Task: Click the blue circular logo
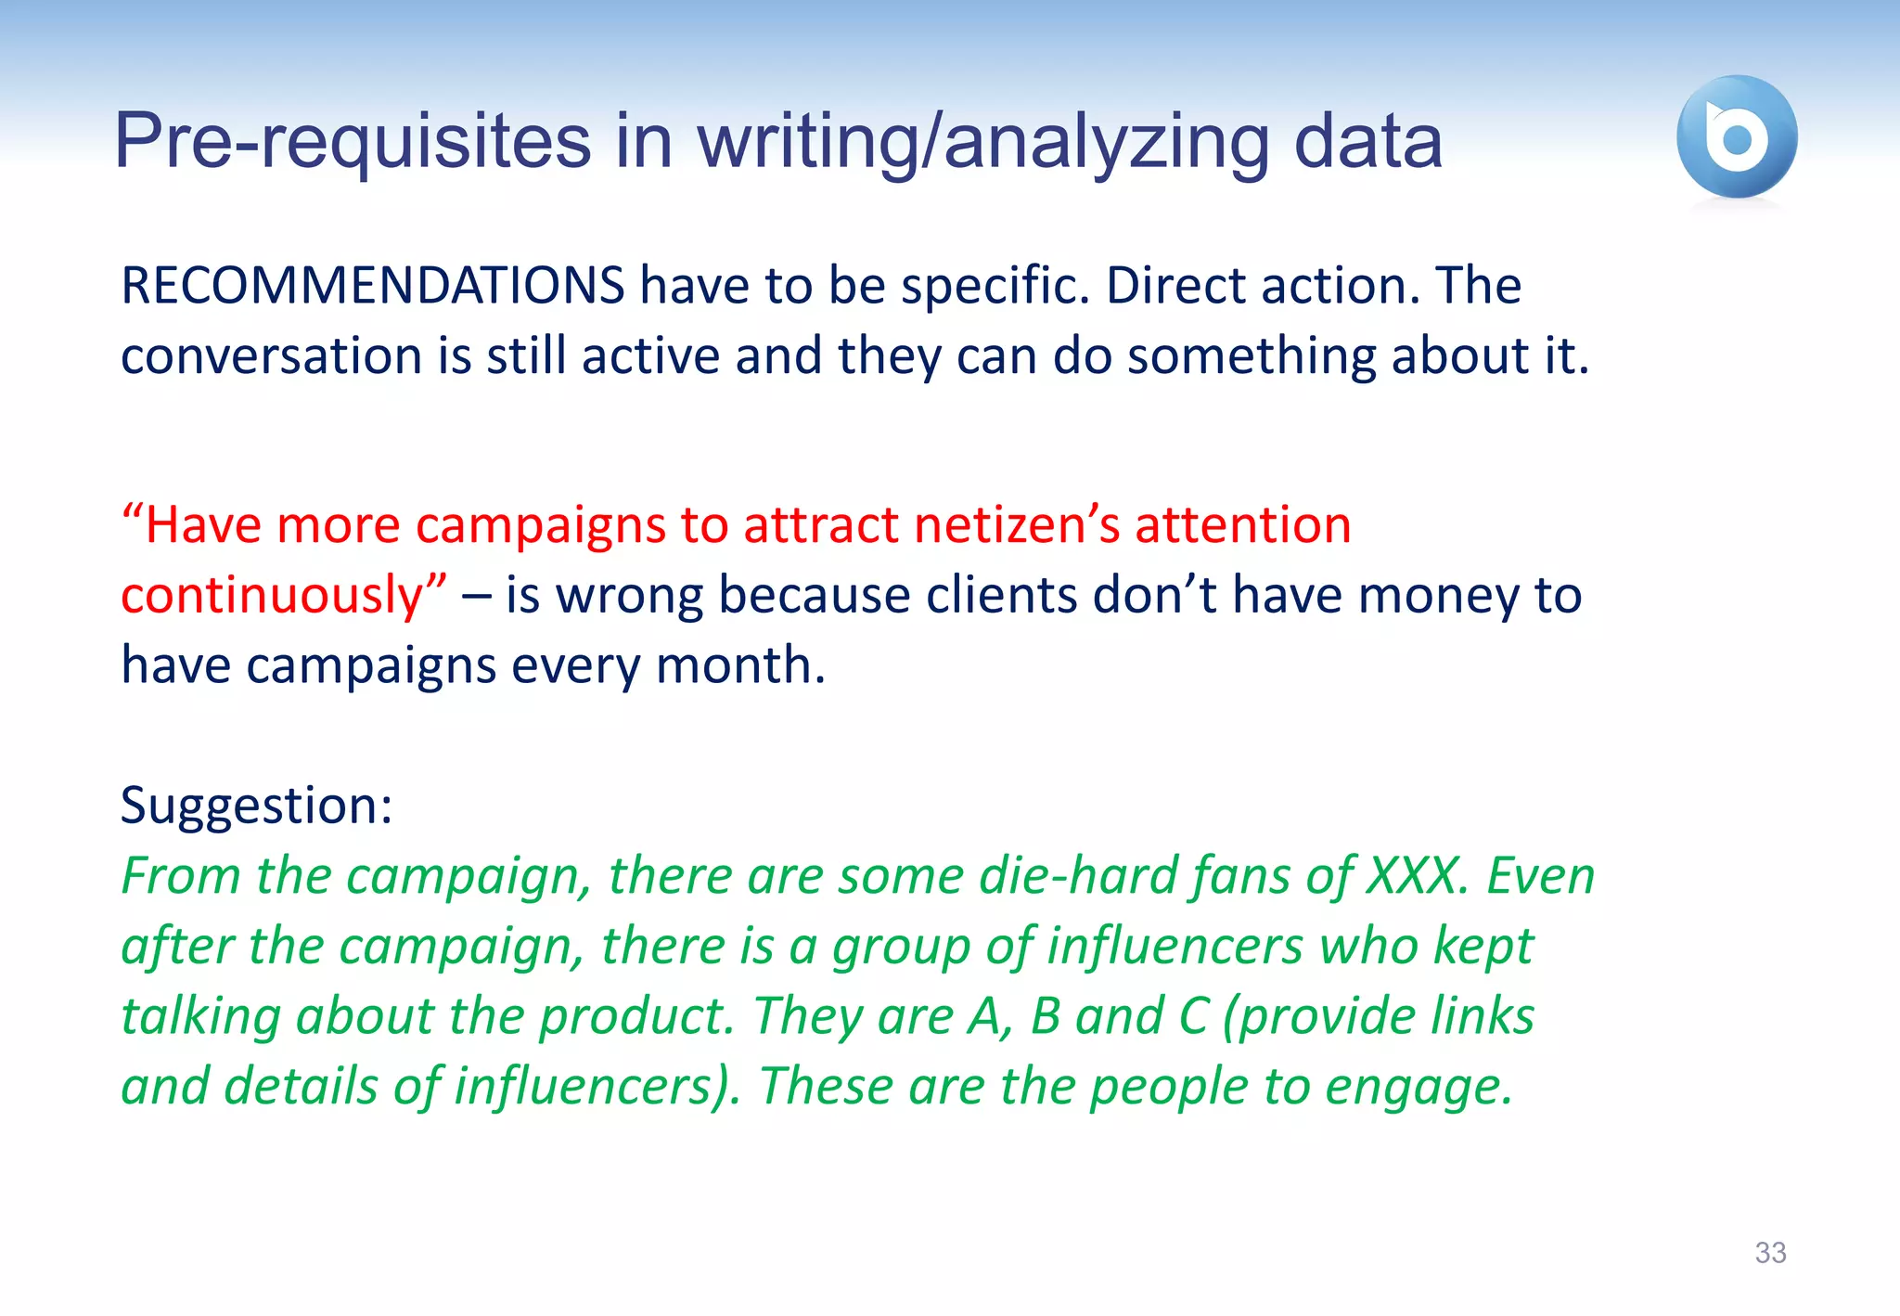[x=1736, y=136]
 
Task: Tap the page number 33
[x=1770, y=1253]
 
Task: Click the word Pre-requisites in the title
[x=353, y=142]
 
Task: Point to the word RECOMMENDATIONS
[x=373, y=285]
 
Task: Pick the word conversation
[x=271, y=356]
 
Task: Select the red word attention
[x=1242, y=525]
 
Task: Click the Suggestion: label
[x=257, y=806]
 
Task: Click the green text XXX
[x=1417, y=876]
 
